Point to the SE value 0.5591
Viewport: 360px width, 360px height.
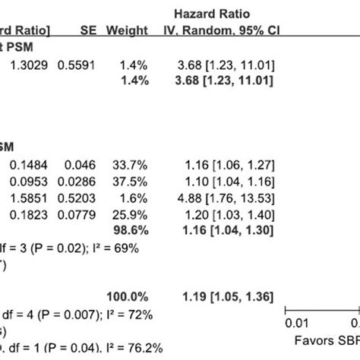pos(86,66)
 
